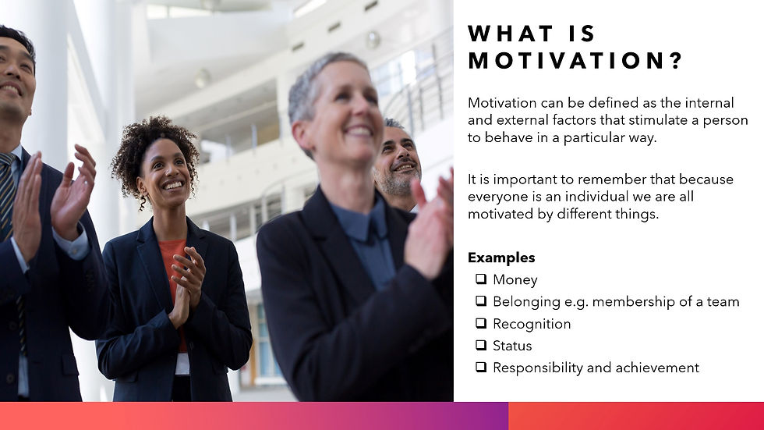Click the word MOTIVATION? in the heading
[x=575, y=62]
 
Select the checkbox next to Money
[x=480, y=279]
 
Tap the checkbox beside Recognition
[x=480, y=323]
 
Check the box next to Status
[x=480, y=345]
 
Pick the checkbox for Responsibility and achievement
[x=480, y=367]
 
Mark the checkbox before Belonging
[x=480, y=301]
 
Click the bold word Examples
[x=501, y=258]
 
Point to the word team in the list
[x=723, y=301]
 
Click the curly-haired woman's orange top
[x=172, y=258]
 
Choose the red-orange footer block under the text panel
[x=635, y=416]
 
